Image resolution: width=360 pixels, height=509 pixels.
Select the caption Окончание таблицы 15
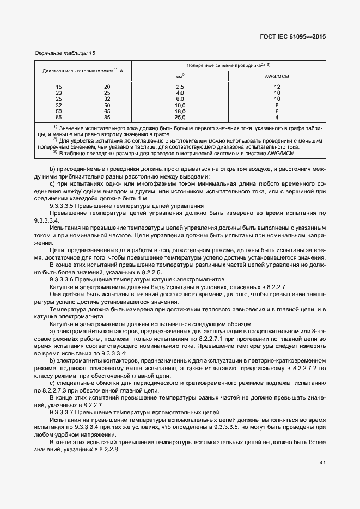coord(64,53)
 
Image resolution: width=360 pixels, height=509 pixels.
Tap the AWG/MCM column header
coord(277,76)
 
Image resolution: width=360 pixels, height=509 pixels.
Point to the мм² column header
coord(180,76)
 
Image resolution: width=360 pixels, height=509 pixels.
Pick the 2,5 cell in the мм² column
coord(180,87)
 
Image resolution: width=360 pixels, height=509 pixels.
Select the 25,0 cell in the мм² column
coord(180,117)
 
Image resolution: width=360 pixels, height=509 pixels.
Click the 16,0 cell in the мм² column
coord(180,111)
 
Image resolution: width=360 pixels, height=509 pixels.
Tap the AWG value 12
coord(277,87)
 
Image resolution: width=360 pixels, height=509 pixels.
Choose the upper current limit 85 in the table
coord(107,117)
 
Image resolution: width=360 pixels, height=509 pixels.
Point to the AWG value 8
coord(277,105)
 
